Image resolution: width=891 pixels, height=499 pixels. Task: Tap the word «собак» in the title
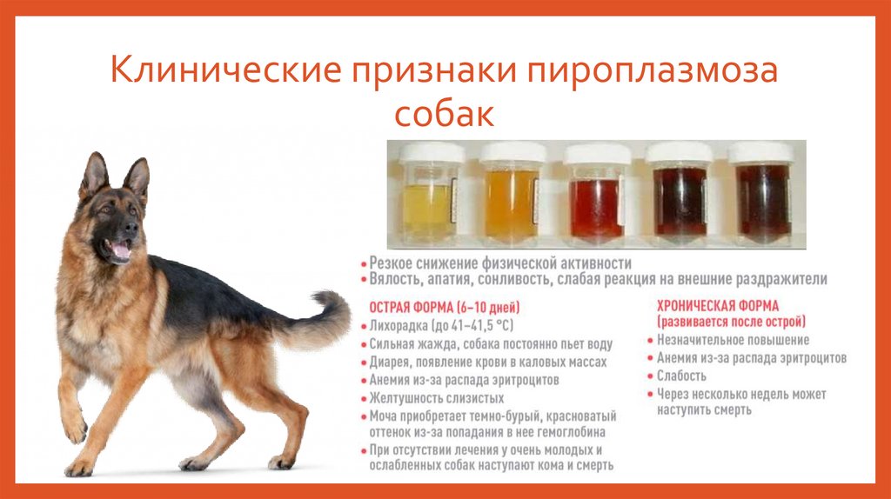(x=444, y=115)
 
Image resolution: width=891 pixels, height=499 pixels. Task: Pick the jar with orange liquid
(x=512, y=202)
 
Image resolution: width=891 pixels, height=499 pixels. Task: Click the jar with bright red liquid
(x=596, y=204)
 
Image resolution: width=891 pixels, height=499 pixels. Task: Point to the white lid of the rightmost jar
(x=760, y=153)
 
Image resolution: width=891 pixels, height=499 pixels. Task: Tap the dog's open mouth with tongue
(x=119, y=251)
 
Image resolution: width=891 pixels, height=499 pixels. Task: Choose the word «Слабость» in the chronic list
(x=681, y=376)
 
